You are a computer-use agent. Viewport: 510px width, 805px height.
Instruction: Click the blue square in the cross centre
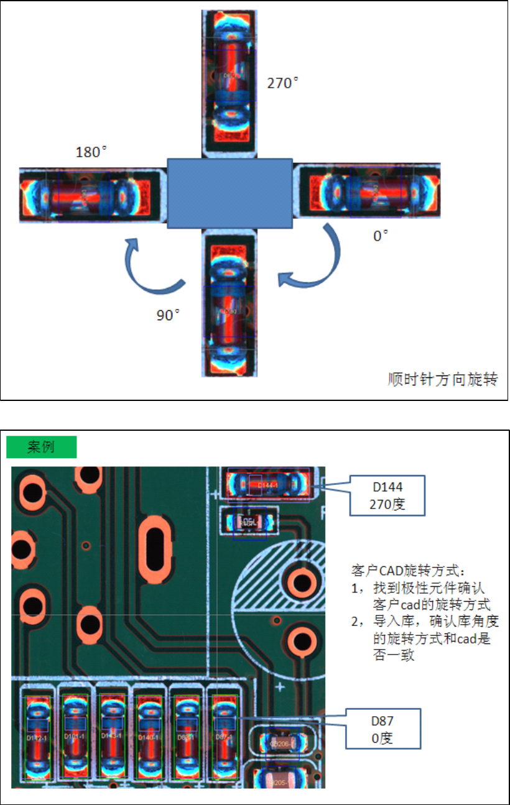[x=229, y=193]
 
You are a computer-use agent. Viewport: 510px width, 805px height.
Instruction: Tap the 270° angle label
[x=283, y=83]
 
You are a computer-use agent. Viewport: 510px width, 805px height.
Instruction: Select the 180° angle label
[x=91, y=152]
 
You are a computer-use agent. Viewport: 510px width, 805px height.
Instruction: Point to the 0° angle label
[x=381, y=236]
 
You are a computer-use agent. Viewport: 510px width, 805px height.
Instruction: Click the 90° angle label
[x=168, y=315]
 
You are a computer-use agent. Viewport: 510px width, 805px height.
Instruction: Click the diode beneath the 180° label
[x=86, y=195]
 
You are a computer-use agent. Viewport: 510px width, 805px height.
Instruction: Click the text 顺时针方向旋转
[x=442, y=379]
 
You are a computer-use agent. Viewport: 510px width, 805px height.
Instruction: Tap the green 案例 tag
[x=41, y=447]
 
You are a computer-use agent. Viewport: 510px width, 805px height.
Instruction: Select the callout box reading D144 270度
[x=387, y=495]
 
